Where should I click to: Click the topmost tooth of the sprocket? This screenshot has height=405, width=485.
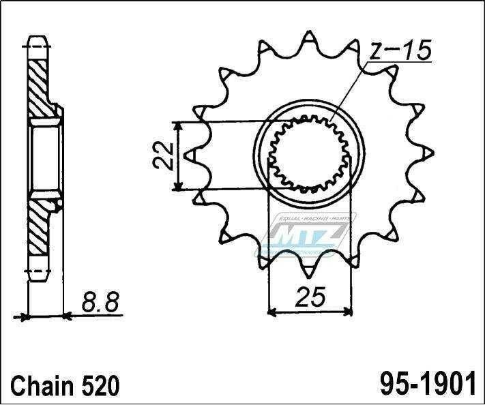coord(309,37)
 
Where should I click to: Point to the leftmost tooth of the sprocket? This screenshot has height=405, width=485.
coord(192,155)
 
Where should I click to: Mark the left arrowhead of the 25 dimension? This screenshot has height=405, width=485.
coord(271,313)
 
